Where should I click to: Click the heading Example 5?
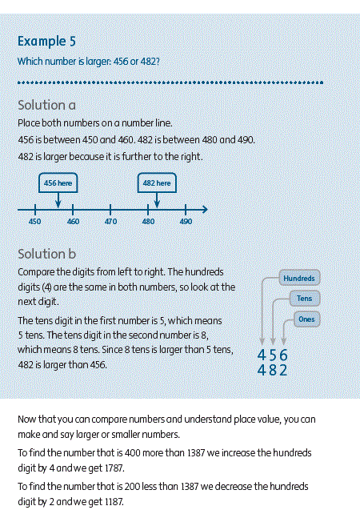(x=46, y=42)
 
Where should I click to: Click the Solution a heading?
(x=46, y=105)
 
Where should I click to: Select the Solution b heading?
(x=46, y=254)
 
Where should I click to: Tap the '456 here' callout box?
(x=58, y=183)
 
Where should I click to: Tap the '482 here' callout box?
(x=157, y=183)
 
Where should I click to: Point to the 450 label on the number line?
(x=34, y=222)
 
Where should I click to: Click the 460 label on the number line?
(x=73, y=222)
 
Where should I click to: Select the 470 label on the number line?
(x=110, y=222)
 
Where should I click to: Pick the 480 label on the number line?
(x=148, y=222)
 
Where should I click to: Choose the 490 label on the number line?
(x=186, y=222)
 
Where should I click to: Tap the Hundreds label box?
(x=299, y=278)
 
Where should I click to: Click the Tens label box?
(x=305, y=299)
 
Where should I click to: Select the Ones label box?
(x=306, y=319)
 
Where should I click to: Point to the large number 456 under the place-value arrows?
(x=273, y=355)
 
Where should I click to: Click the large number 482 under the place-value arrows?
(x=273, y=370)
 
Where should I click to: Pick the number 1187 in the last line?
(x=114, y=502)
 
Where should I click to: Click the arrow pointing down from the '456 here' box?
(x=58, y=200)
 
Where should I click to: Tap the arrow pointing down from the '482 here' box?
(x=157, y=200)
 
